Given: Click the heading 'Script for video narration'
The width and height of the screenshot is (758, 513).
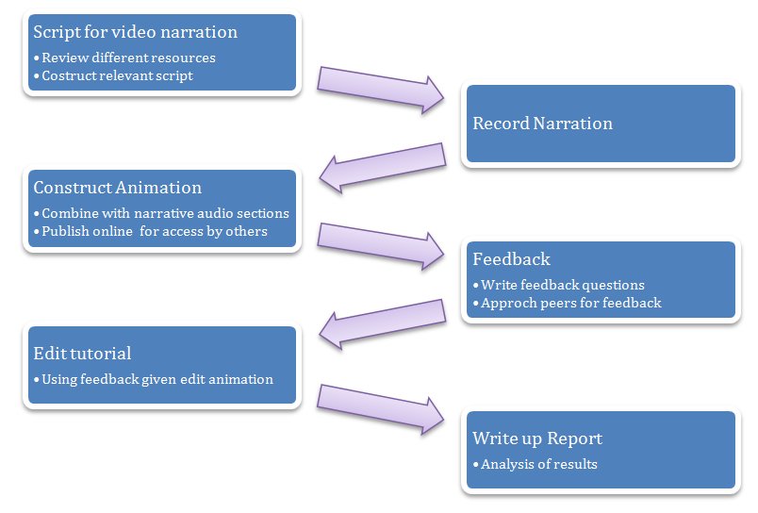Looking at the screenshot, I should tap(135, 33).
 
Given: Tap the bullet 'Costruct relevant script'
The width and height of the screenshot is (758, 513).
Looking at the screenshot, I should tap(117, 75).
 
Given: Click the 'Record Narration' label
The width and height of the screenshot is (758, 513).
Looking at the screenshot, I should tap(542, 124).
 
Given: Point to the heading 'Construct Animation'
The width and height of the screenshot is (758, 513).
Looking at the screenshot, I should tap(117, 188).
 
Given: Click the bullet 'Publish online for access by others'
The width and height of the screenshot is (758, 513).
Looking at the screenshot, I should tap(155, 231).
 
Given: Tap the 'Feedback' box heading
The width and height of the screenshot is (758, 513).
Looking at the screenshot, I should tap(511, 259).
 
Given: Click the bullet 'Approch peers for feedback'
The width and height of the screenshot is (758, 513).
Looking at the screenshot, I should tap(570, 303).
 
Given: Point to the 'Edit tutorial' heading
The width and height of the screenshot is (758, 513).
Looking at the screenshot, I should tap(82, 354).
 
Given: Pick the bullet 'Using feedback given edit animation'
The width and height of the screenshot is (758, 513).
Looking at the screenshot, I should tap(157, 379).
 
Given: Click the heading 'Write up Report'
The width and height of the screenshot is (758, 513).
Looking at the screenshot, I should tap(536, 439).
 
